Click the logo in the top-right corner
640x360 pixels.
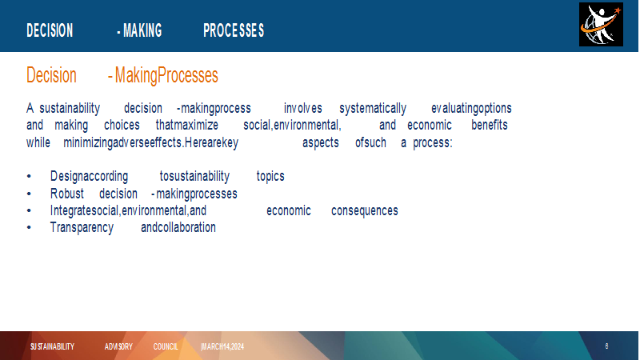point(601,25)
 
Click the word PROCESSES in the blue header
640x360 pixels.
point(234,30)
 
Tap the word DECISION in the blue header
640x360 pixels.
point(50,30)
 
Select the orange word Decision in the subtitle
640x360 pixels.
point(51,75)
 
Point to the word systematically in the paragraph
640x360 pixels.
point(373,109)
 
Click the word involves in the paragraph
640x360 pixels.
point(303,108)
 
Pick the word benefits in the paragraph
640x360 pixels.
point(490,125)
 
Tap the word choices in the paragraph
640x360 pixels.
point(122,125)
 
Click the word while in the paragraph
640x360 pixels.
point(38,142)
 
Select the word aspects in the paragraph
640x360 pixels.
point(321,143)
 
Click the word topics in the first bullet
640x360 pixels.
point(270,176)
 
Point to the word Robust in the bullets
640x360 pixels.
point(67,194)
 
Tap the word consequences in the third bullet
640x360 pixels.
point(365,210)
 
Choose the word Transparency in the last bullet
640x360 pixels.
point(82,228)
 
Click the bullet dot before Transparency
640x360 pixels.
point(29,228)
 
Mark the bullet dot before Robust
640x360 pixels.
point(29,194)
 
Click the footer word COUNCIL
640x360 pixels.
point(166,346)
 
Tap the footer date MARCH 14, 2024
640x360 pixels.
point(222,346)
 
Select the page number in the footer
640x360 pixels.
point(606,346)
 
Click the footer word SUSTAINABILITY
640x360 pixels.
point(52,346)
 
